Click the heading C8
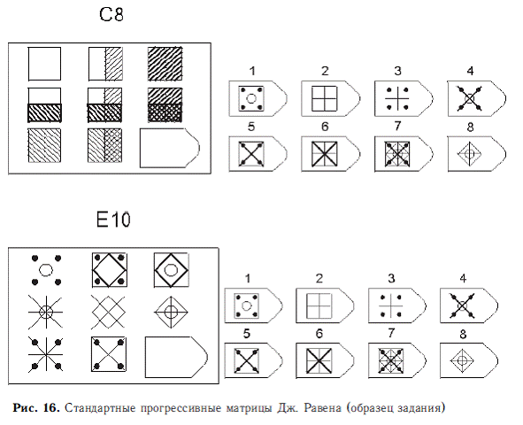[112, 15]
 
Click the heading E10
[113, 220]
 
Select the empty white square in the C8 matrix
[44, 64]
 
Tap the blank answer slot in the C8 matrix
[169, 148]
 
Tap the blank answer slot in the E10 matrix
[176, 357]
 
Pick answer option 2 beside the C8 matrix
[330, 99]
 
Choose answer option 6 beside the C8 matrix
[330, 154]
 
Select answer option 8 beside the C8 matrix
[477, 154]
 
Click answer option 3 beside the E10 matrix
[397, 305]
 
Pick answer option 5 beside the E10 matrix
[253, 360]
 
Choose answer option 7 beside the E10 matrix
[397, 360]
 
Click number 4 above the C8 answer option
[470, 71]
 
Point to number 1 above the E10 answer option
[248, 279]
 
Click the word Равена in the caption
[322, 408]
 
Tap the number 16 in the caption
[51, 407]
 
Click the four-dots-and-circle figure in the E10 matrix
[46, 270]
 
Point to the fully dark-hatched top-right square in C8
[165, 64]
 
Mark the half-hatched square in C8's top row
[105, 64]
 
